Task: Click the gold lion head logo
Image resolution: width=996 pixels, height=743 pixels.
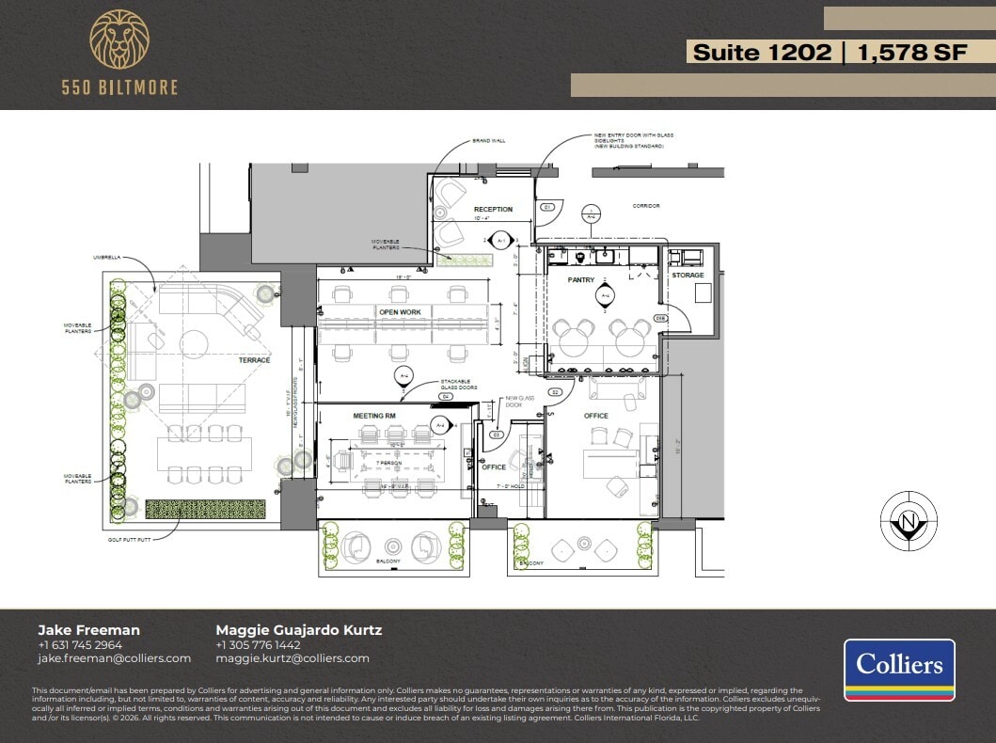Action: [119, 40]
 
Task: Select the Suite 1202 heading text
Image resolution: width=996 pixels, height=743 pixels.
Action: [762, 53]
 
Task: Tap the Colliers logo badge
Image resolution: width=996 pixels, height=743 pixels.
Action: [898, 670]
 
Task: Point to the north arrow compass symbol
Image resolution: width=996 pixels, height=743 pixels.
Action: [908, 521]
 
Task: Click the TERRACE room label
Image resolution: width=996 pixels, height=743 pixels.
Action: [254, 360]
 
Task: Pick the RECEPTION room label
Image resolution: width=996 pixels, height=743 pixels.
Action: [493, 210]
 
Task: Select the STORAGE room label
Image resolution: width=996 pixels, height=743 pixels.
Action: [688, 276]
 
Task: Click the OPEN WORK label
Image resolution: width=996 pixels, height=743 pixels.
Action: [400, 311]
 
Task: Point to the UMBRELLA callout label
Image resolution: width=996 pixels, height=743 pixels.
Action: [105, 256]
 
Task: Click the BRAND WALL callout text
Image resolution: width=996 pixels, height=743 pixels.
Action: [489, 141]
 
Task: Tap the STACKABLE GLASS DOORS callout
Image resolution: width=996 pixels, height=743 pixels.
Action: [459, 385]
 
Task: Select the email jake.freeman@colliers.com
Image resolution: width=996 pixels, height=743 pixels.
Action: [114, 658]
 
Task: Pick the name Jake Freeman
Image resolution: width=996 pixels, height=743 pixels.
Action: [88, 630]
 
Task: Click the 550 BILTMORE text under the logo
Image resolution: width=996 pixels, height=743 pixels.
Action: [119, 87]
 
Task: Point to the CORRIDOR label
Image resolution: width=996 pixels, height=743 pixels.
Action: [645, 205]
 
